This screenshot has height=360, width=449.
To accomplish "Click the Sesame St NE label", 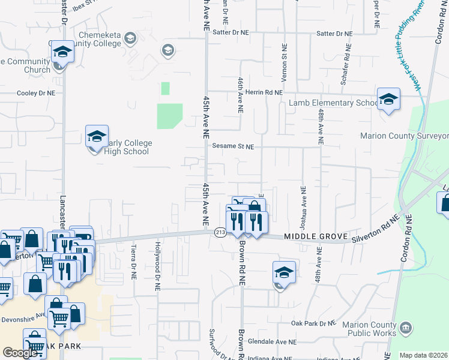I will click(x=233, y=146).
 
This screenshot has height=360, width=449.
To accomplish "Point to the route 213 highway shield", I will click(x=220, y=233).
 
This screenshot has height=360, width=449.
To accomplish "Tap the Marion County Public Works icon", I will click(x=406, y=328).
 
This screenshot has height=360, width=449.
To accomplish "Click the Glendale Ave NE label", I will click(x=277, y=341).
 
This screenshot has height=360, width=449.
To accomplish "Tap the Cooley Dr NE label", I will click(x=35, y=94).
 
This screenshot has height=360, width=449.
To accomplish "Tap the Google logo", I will click(x=20, y=353).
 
